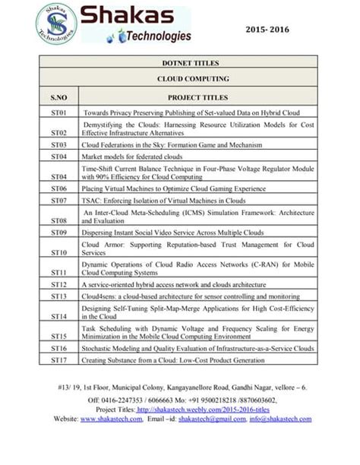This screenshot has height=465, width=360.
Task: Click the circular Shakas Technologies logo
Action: click(x=56, y=23)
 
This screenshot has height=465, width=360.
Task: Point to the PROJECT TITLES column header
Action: click(x=197, y=97)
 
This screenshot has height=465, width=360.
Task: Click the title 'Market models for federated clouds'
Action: click(x=137, y=156)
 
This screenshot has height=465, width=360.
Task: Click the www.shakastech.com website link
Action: click(x=111, y=419)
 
